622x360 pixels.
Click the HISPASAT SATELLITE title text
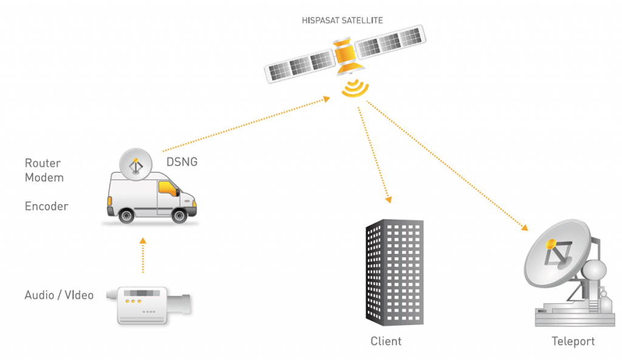[x=343, y=20]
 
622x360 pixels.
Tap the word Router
[x=43, y=163]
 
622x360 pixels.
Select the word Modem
[x=44, y=177]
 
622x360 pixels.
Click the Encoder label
[x=46, y=206]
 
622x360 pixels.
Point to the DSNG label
[x=182, y=161]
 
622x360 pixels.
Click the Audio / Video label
[x=59, y=295]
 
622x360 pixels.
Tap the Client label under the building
[x=386, y=341]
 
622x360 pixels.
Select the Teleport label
[x=573, y=341]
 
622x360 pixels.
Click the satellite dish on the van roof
[x=135, y=165]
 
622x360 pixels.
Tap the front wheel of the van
[x=179, y=216]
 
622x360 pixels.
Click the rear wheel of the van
[x=126, y=216]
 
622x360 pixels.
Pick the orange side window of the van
[x=168, y=188]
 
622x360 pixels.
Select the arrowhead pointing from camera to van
[x=143, y=240]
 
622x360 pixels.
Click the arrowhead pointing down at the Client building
[x=389, y=200]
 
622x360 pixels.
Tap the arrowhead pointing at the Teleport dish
[x=525, y=228]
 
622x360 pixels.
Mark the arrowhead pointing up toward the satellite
[x=327, y=99]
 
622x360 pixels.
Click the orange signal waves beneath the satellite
[x=355, y=89]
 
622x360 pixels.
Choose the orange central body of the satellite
[x=346, y=55]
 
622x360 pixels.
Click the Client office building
[x=394, y=273]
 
